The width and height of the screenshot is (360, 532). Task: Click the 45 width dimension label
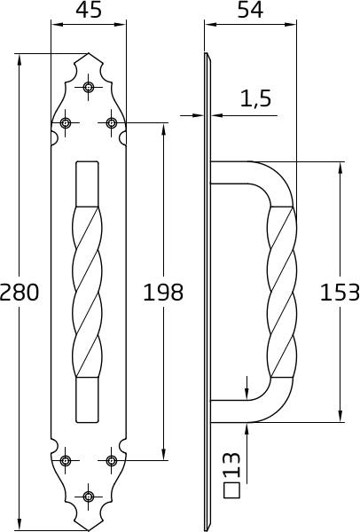[89, 10]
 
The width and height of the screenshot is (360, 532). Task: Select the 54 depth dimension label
[250, 10]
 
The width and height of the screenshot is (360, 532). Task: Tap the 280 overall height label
[20, 293]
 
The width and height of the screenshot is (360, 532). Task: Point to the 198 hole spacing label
[163, 293]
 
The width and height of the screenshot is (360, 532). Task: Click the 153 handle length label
[340, 293]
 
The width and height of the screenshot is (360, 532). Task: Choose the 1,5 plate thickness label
[256, 98]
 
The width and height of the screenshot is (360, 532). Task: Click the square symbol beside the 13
[231, 490]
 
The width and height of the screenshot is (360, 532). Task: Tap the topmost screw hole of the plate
[89, 87]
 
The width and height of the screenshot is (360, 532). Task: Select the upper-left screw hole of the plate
[65, 122]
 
